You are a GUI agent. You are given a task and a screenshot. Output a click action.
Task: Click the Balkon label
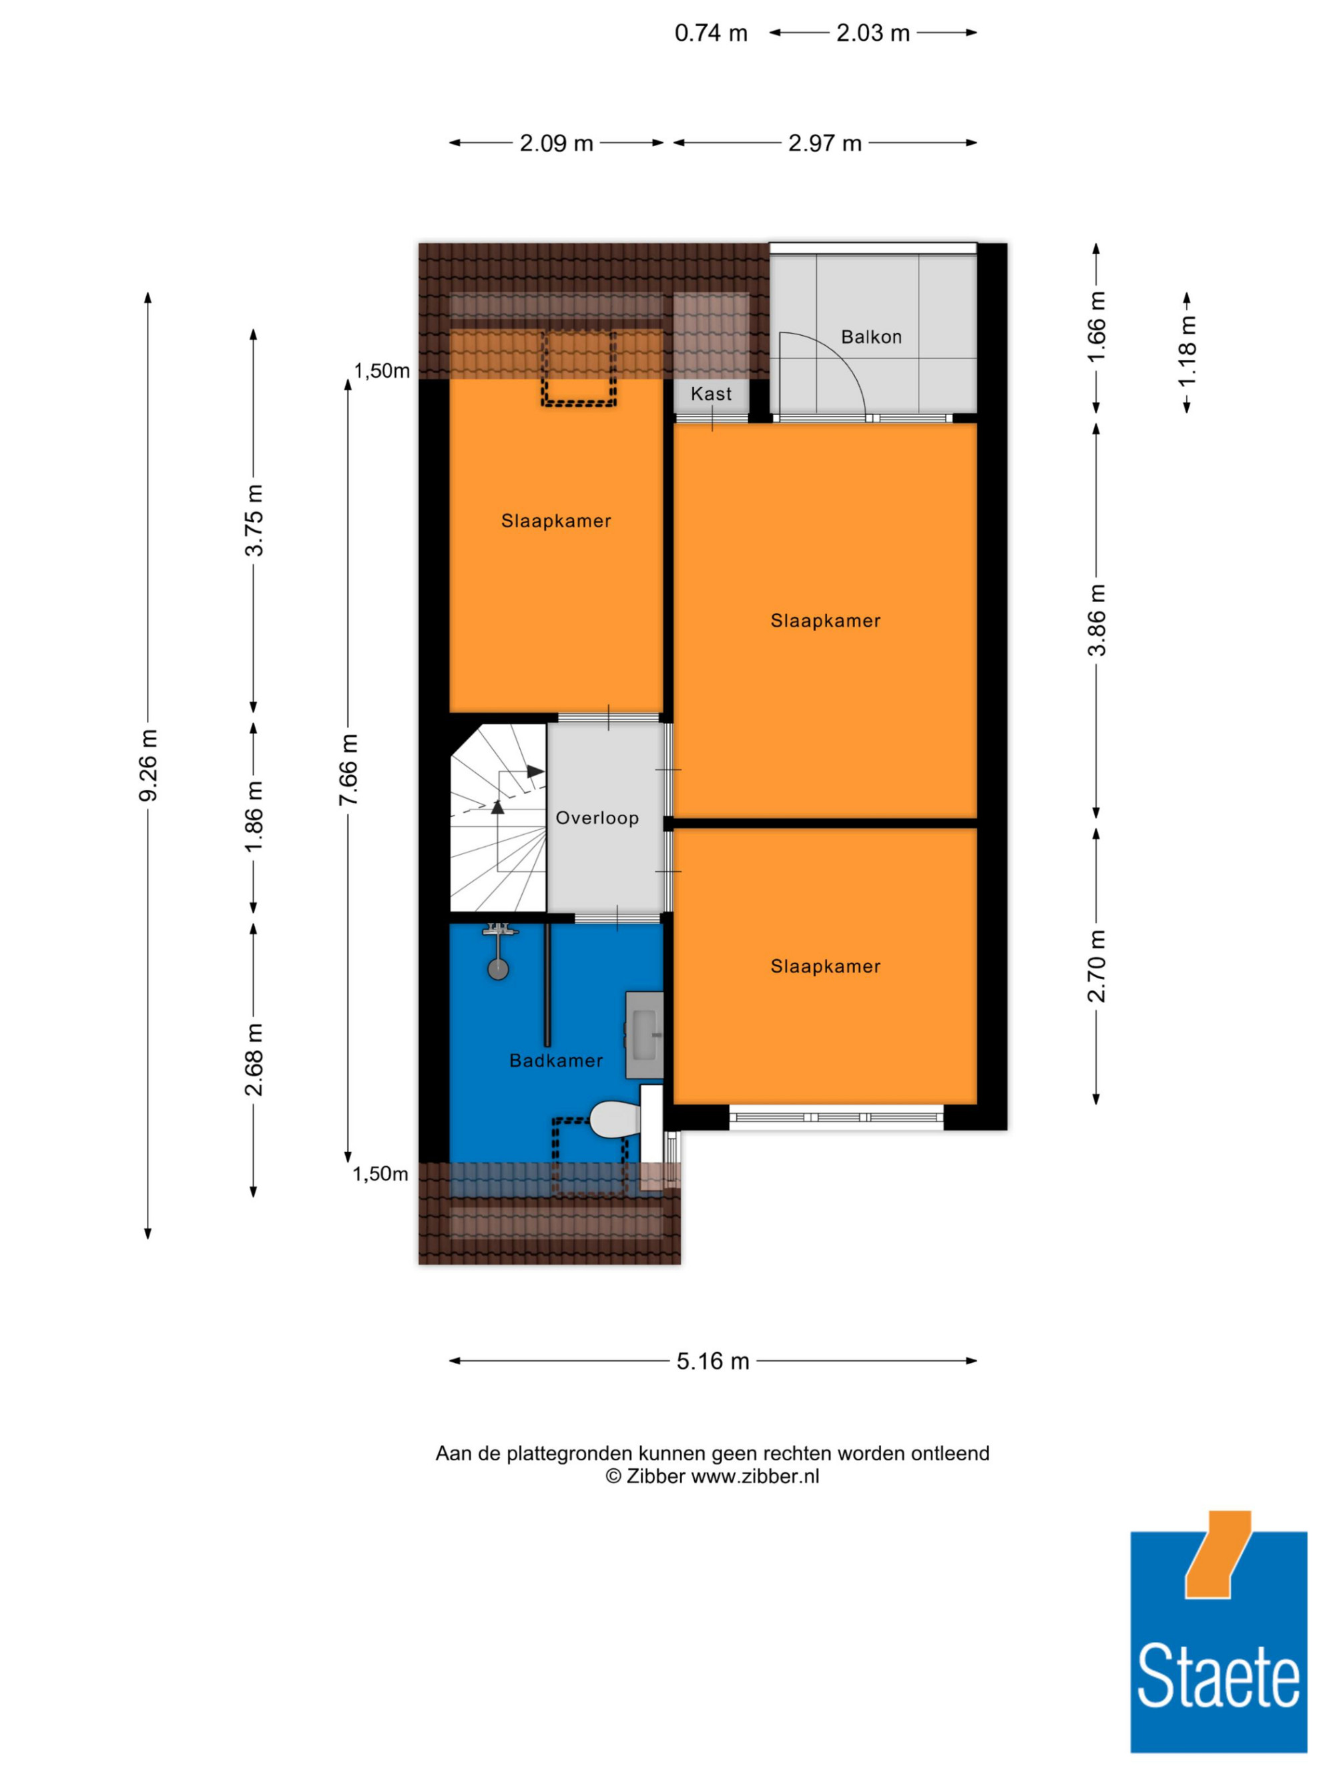[x=870, y=336]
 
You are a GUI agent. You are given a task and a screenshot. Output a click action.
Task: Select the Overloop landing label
[x=597, y=818]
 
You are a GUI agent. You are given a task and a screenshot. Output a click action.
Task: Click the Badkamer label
[x=556, y=1061]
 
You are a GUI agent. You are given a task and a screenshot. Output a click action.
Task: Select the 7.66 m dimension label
[x=348, y=770]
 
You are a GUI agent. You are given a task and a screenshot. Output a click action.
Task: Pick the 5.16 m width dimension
[x=713, y=1361]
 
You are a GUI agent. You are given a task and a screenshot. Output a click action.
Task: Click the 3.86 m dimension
[x=1096, y=619]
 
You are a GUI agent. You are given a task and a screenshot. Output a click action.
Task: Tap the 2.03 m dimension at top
[x=873, y=33]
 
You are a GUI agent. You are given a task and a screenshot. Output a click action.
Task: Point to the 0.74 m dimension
[x=710, y=33]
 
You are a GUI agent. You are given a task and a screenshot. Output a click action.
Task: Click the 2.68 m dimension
[x=254, y=1059]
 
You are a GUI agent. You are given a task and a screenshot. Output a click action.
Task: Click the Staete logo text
[x=1218, y=1676]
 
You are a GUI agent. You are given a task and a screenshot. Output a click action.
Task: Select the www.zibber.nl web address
[x=755, y=1476]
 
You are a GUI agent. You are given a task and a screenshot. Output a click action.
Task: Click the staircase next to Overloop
[x=498, y=818]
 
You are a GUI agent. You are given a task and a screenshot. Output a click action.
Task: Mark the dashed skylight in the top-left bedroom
[x=579, y=368]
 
